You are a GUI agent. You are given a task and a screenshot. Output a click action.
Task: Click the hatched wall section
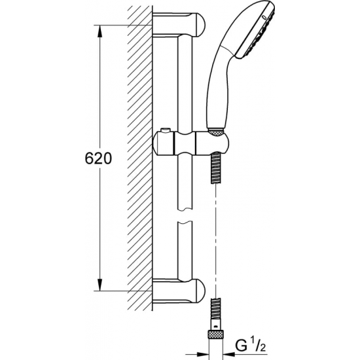(x=138, y=157)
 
